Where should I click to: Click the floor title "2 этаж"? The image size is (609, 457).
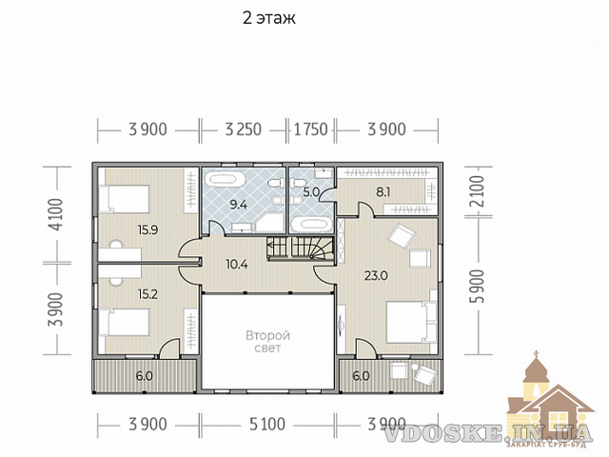268,18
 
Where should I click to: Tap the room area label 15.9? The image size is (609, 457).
148,230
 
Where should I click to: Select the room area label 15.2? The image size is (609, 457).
148,294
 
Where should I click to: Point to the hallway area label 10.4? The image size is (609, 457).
237,265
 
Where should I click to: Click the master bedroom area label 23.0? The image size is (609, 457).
376,275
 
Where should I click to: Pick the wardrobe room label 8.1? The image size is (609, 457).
383,192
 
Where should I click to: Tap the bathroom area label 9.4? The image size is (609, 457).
239,205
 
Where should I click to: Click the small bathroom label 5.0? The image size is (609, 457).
311,191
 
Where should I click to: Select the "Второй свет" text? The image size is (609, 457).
267,341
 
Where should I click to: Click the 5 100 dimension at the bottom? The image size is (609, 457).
267,424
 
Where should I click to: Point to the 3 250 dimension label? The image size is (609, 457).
244,129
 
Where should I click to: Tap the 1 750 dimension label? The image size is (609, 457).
311,129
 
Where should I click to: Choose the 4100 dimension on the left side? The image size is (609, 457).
57,214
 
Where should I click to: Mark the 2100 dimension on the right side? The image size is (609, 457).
479,190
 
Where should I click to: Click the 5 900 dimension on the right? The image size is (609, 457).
479,286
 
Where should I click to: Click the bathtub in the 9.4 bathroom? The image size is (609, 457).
226,180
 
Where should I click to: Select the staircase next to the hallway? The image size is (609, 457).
301,248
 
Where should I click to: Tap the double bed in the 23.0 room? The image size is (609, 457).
412,322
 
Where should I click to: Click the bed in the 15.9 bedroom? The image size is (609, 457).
125,199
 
